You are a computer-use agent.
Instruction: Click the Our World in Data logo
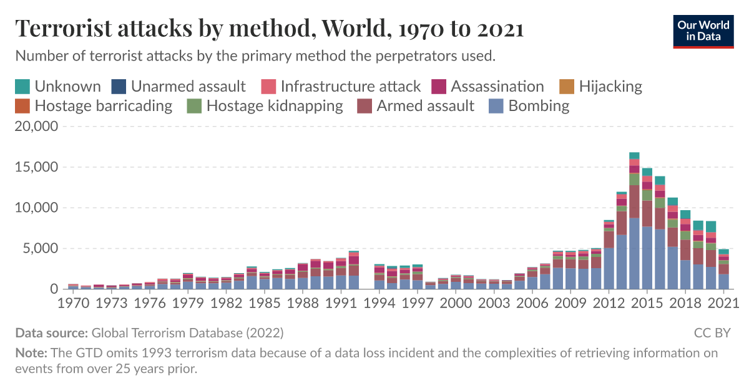click(x=703, y=29)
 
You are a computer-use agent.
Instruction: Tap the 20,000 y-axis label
click(x=36, y=127)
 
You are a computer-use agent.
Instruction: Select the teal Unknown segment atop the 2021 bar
click(x=723, y=251)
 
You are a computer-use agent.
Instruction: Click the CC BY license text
click(x=712, y=332)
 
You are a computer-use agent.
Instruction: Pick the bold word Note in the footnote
click(x=28, y=353)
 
